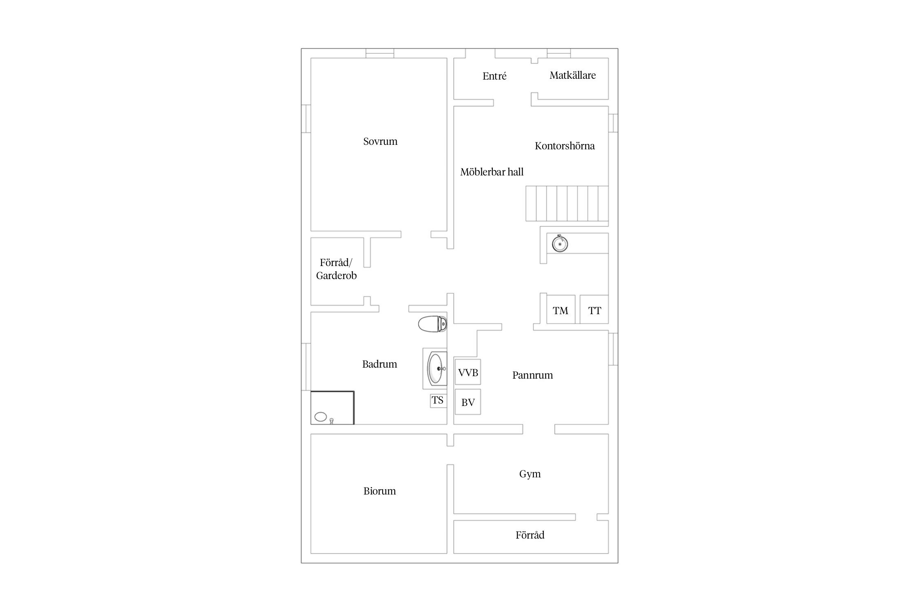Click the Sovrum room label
coord(380,142)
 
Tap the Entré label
coord(494,76)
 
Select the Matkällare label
coord(572,75)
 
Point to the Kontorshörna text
coord(565,146)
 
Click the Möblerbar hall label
coord(492,172)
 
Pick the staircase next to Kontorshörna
coord(567,203)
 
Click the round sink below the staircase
coord(560,244)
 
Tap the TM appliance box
coord(561,309)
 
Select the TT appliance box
coord(594,309)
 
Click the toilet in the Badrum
coord(432,324)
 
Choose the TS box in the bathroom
coord(438,400)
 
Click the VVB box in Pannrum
coord(468,372)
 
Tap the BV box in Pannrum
coord(468,402)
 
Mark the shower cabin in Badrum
coord(332,408)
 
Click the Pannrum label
coord(532,375)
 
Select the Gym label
coord(530,474)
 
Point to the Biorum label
coord(379,491)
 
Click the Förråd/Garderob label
coord(336,269)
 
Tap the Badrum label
coord(379,364)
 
